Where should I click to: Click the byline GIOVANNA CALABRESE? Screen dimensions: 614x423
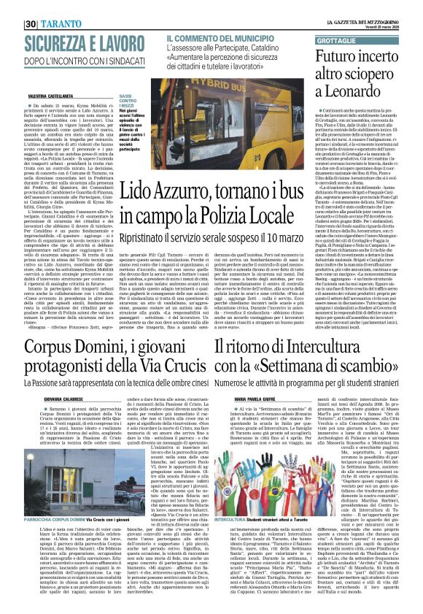point(31,378)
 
